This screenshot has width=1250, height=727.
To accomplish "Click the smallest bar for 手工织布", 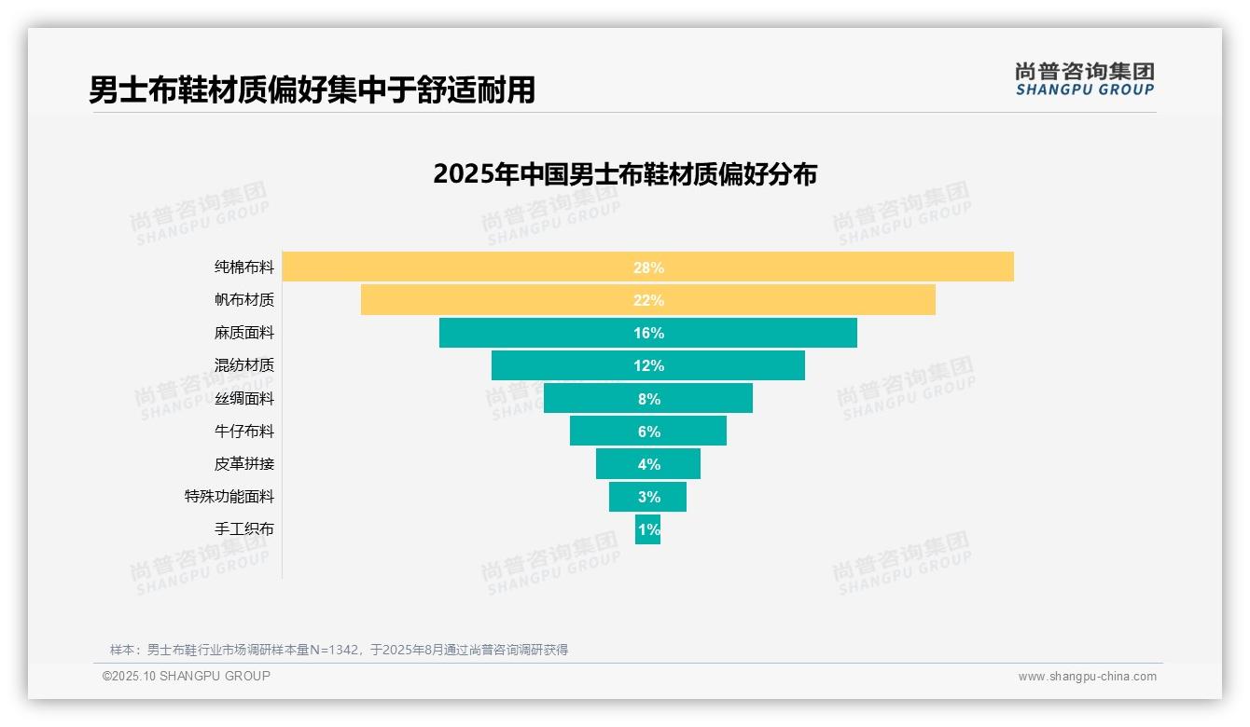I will pos(647,529).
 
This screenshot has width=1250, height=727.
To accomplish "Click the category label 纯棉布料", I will pos(244,267).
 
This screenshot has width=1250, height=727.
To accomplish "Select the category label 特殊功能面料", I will pos(229,497).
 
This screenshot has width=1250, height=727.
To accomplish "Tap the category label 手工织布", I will pos(244,529).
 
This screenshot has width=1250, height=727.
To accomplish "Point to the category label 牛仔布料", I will pos(244,432).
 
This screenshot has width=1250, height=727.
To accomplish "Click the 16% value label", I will pos(648,333).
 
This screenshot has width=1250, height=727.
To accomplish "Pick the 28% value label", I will pos(648,267).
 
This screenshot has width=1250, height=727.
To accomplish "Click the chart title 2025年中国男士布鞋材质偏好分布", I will pos(625,174).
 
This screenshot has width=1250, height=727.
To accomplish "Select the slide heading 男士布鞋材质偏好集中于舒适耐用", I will pos(312,90).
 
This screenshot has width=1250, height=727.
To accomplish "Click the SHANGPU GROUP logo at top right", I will pos(1084,79).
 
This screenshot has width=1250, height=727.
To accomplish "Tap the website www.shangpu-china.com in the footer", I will pos(1087,677).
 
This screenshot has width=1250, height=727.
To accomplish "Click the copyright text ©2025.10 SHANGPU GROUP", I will pos(187,676).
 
